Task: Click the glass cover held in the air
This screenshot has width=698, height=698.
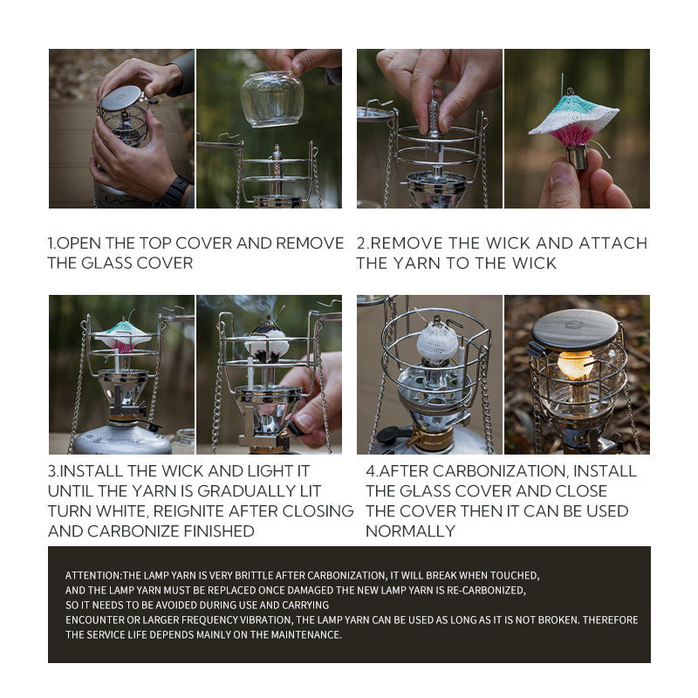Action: point(272,99)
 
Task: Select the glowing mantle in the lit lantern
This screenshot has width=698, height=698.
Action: point(574,365)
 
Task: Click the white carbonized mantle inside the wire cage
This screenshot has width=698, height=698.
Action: point(437,341)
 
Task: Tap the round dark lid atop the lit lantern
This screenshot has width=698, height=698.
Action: point(575,329)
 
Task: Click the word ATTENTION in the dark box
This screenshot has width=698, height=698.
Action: point(92,576)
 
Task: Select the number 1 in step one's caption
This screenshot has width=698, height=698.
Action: point(51,243)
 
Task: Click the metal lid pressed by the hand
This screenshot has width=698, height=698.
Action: point(121,98)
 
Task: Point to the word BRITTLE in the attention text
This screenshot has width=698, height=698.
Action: point(257,576)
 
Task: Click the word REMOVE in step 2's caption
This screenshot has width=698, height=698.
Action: point(420,243)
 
